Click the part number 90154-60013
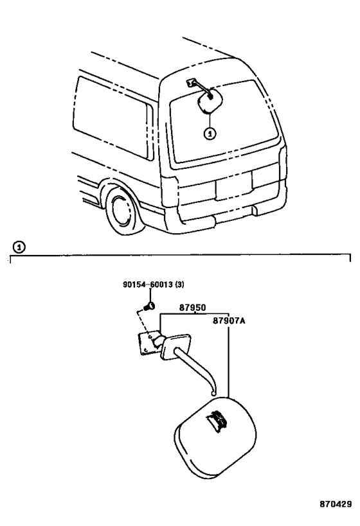[x=148, y=285]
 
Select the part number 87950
[x=192, y=307]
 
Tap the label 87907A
[x=229, y=320]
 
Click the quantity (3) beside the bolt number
[x=179, y=285]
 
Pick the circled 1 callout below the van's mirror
[x=210, y=134]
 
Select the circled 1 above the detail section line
[x=19, y=247]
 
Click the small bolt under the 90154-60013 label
[x=149, y=306]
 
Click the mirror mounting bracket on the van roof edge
[x=191, y=82]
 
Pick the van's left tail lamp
[x=170, y=191]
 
